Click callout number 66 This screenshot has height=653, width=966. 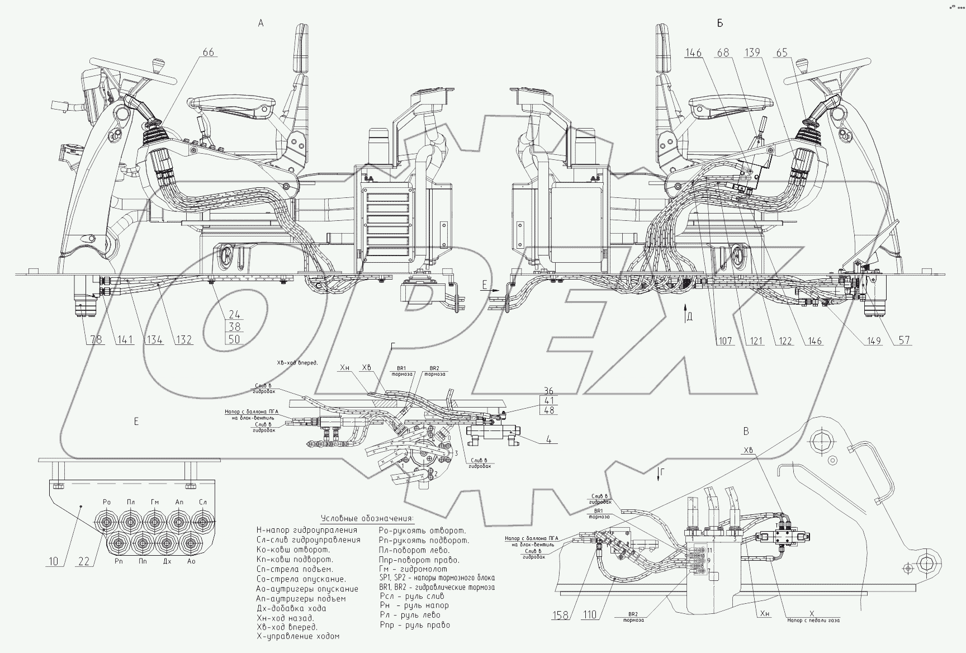coord(208,53)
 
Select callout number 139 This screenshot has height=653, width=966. coord(753,53)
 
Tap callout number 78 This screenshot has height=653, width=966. coord(97,339)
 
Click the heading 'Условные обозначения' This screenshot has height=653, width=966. coord(367,518)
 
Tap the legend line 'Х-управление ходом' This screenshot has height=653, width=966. coord(297,636)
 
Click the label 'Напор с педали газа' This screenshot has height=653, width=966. coord(813,619)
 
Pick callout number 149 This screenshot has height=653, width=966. coord(874,339)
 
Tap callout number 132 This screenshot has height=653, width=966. coord(183,339)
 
